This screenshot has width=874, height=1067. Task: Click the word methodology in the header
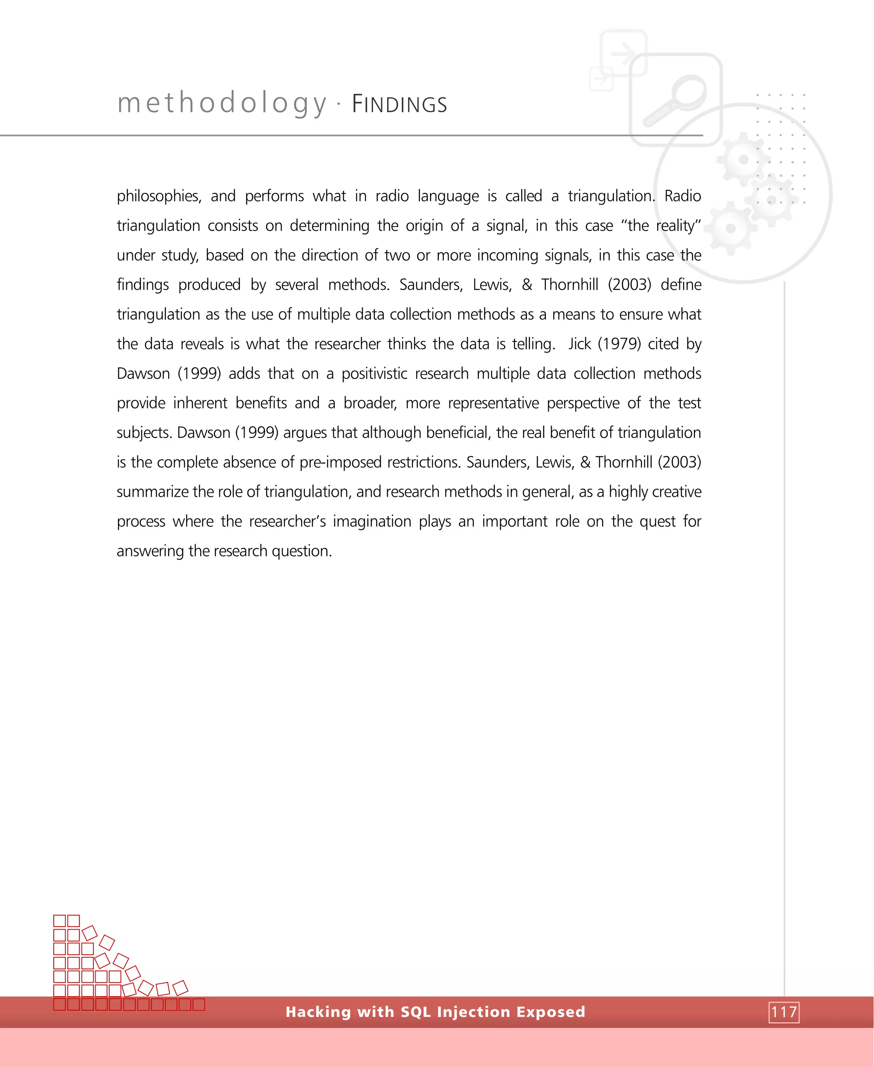222,104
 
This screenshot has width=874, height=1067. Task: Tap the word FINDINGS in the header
399,105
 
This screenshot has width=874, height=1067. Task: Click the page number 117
784,1012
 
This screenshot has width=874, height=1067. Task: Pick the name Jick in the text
580,344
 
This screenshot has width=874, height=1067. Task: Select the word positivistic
374,373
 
